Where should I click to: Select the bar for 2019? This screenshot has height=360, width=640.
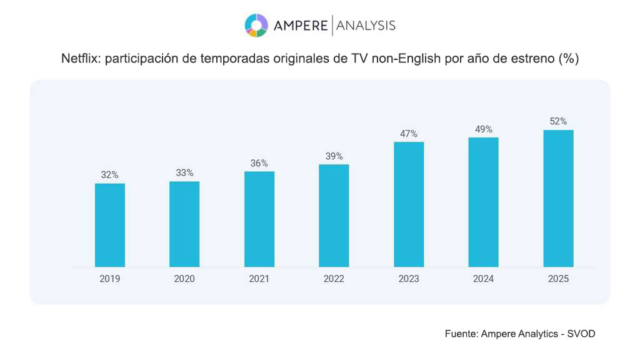tap(110, 225)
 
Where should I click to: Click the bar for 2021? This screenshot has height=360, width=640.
tap(259, 219)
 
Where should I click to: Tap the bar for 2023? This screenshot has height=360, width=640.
tap(409, 204)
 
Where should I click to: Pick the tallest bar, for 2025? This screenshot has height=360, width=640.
tap(558, 198)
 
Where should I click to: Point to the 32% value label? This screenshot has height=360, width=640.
tap(110, 175)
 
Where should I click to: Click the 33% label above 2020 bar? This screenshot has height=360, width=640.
tap(184, 173)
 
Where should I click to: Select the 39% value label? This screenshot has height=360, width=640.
tap(334, 156)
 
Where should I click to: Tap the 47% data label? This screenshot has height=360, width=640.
tap(409, 134)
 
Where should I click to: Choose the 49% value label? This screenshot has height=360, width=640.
tap(483, 129)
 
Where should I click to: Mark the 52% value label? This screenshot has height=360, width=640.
tap(558, 121)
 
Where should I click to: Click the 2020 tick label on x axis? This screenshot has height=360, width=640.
tap(184, 279)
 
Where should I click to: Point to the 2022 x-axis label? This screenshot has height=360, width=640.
tap(334, 279)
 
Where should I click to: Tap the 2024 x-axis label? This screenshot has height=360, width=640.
tap(483, 279)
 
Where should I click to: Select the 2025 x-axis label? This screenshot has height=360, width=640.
tap(558, 279)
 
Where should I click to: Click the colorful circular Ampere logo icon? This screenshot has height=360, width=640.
tap(256, 25)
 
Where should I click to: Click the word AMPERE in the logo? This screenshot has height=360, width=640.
tap(301, 26)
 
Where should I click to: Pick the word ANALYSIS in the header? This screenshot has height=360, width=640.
tap(366, 26)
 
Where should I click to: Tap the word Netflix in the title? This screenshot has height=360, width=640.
tap(81, 59)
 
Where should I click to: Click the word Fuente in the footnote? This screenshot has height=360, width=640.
tap(461, 334)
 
